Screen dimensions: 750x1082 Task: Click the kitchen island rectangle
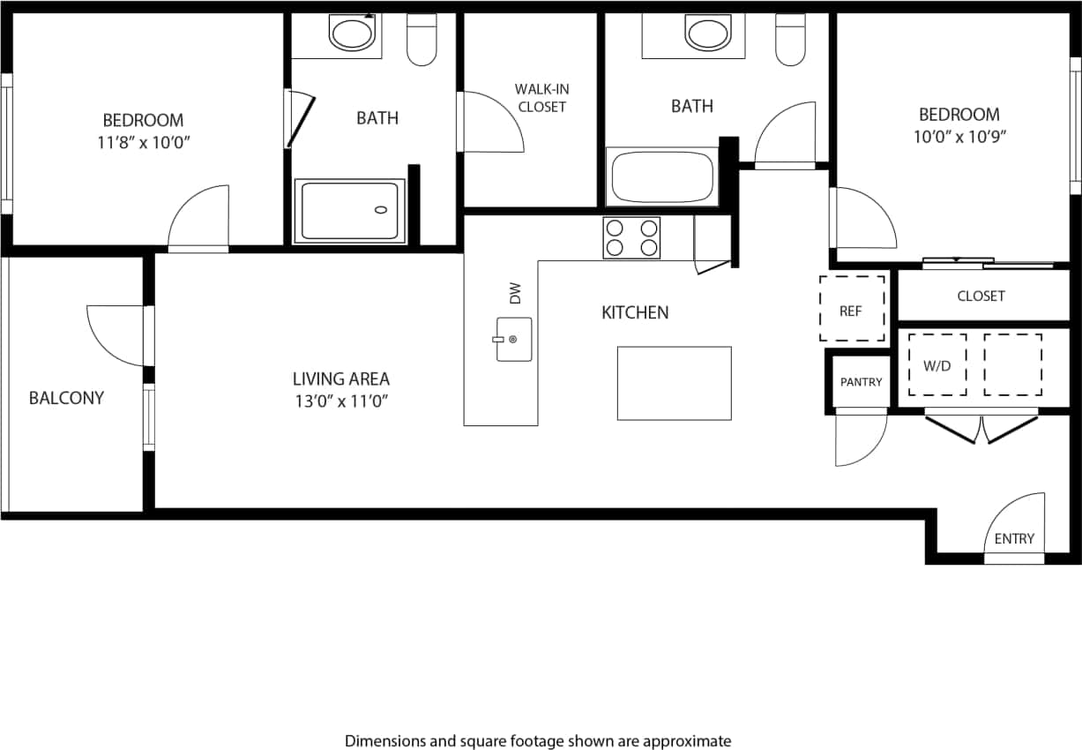[674, 383]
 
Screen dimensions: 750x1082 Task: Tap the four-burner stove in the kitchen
[631, 237]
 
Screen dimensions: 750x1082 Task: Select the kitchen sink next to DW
[513, 340]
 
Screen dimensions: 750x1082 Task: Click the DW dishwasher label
[515, 292]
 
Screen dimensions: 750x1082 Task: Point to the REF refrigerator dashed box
[852, 309]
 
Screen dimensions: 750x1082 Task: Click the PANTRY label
[861, 382]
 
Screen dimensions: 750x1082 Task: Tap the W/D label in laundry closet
[936, 365]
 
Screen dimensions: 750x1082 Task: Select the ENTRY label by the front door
[1013, 539]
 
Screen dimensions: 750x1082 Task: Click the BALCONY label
[66, 398]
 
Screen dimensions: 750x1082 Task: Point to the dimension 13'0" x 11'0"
[341, 401]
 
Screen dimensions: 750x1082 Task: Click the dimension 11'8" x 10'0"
[143, 142]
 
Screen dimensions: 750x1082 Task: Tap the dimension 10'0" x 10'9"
[959, 136]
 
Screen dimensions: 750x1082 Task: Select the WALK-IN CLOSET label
[541, 98]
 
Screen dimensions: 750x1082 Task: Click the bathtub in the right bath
[663, 176]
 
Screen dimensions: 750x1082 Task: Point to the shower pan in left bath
[351, 211]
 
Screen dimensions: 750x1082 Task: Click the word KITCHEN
[635, 312]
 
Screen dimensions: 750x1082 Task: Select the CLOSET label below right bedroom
[981, 296]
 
